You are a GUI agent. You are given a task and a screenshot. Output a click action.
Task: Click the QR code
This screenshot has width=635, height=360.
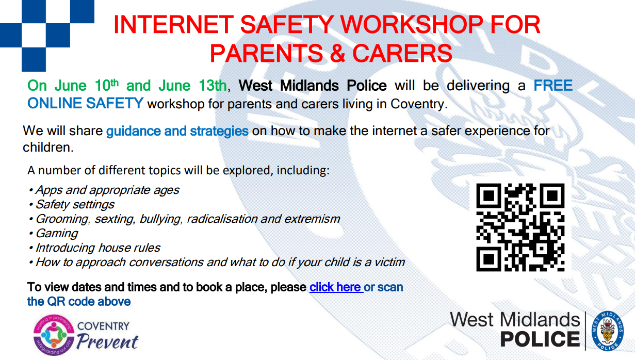point(520,227)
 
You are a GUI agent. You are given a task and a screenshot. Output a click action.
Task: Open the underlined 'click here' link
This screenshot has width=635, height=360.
point(336,287)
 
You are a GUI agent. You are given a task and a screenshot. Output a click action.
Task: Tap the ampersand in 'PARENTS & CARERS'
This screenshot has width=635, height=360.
point(337,53)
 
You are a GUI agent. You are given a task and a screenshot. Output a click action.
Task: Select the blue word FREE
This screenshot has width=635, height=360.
point(553,85)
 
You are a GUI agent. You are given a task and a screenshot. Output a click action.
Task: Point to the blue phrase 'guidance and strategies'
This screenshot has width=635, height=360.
point(177,131)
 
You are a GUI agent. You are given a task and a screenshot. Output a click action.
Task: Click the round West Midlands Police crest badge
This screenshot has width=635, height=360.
point(608,331)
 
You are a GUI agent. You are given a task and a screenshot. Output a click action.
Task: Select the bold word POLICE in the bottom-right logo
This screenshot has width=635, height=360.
point(540,339)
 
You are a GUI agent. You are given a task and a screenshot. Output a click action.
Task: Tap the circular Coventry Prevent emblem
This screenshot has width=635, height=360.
point(54,335)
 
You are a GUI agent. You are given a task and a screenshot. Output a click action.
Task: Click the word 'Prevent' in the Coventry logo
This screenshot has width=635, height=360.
point(107,341)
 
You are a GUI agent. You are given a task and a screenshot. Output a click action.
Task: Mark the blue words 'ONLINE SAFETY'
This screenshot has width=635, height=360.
point(85,103)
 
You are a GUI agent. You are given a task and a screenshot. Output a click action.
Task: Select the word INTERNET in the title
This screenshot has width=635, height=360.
point(173,25)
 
